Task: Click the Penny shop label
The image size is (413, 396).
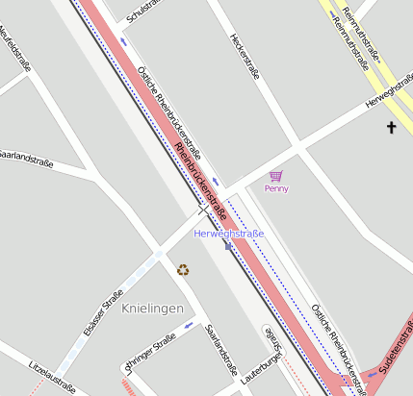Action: [276, 188]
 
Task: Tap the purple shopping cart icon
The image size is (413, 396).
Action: [276, 176]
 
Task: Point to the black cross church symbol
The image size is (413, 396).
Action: [392, 127]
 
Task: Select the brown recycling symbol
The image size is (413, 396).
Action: [183, 270]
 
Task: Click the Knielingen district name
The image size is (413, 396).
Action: [153, 308]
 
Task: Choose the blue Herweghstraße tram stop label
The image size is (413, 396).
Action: [229, 234]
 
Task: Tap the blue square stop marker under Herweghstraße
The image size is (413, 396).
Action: [228, 246]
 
